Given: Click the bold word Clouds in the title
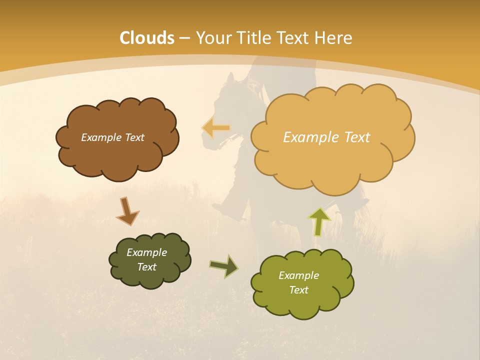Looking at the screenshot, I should tap(147, 38).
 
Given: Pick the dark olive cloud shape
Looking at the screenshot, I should tap(149, 277).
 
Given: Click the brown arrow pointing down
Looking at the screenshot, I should tap(127, 211).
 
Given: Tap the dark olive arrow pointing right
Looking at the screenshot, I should tap(224, 266).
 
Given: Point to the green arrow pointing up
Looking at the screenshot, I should tap(319, 221).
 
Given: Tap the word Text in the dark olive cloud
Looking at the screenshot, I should tap(146, 267).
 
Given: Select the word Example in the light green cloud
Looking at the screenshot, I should tap(298, 275).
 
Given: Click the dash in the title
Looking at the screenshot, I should tap(184, 38).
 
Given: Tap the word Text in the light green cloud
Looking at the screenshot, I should tap(298, 290).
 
